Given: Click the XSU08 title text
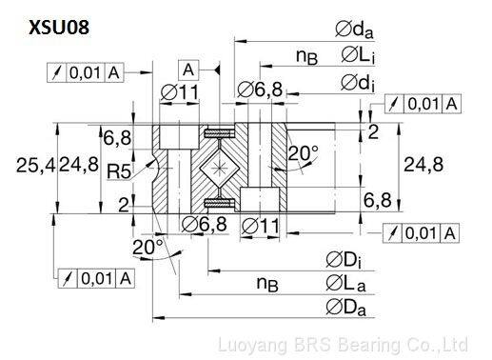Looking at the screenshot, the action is [x=59, y=28].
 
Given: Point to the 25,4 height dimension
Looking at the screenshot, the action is [x=35, y=166].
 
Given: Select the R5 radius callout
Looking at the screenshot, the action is [x=119, y=171].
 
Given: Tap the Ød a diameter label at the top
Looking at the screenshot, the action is [x=354, y=30].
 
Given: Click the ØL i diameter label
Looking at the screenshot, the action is [x=358, y=54].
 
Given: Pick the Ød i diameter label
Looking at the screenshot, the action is [x=358, y=83].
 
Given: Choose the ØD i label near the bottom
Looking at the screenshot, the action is [x=344, y=260].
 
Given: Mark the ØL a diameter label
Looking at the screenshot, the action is [x=345, y=284].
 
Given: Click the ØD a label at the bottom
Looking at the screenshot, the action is [x=345, y=308].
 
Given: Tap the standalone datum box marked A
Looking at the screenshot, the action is [x=188, y=70].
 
